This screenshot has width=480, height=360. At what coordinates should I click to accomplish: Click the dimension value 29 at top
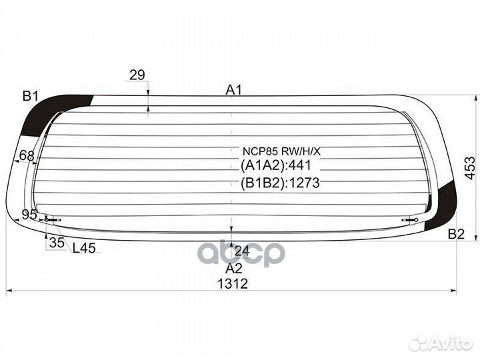tap(137, 75)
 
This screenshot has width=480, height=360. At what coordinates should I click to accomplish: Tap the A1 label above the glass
tap(233, 90)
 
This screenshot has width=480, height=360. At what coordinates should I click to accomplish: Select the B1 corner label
tap(30, 97)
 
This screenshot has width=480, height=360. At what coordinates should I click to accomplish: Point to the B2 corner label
tap(456, 234)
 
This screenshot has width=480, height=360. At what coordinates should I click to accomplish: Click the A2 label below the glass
tap(234, 269)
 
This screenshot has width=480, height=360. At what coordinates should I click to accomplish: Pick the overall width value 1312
tap(233, 284)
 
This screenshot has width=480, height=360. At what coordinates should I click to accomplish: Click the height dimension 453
tap(470, 168)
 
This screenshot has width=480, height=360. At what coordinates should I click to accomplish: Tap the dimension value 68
tap(26, 156)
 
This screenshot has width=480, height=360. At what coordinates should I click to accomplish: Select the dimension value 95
tap(29, 215)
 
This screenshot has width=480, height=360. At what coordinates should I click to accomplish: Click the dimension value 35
tap(57, 243)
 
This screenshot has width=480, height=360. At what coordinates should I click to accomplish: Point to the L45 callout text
tap(84, 248)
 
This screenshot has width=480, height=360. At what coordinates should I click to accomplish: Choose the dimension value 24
tap(242, 251)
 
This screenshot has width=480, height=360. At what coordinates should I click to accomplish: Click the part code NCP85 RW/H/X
tap(281, 151)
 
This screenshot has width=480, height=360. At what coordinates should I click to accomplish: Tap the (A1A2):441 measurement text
tap(276, 165)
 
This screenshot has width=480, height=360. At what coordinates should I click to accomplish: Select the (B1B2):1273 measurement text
tap(280, 183)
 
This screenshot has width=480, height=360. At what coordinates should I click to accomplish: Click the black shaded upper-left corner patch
tap(55, 113)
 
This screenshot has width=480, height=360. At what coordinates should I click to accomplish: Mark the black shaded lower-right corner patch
tap(441, 206)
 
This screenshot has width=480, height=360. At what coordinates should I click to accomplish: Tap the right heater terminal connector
tap(410, 219)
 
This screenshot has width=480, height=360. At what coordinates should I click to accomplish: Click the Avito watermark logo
tap(440, 343)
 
